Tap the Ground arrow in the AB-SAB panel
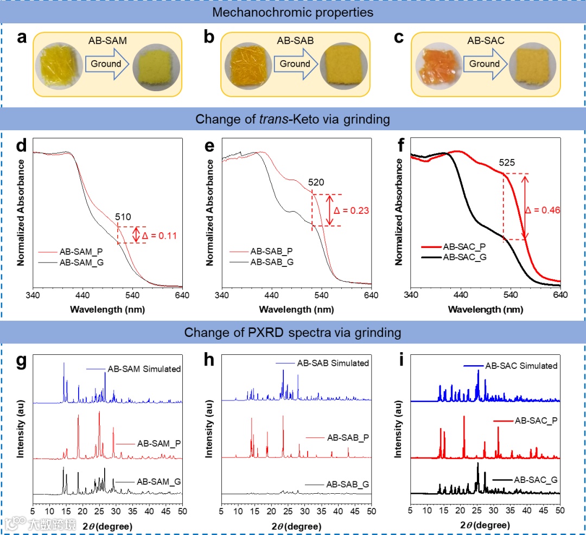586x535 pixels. tap(295, 64)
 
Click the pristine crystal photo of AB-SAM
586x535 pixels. tap(57, 66)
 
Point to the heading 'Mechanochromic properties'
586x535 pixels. tap(293, 12)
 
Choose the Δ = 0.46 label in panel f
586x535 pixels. tap(545, 209)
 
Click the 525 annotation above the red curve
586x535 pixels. tap(508, 162)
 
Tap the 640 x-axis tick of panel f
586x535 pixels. tap(560, 296)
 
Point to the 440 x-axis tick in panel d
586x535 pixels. tap(82, 296)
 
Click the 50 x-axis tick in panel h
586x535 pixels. tap(371, 511)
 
